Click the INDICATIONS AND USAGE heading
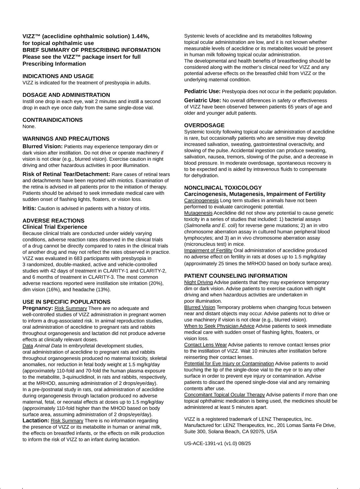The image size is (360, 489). click(58, 76)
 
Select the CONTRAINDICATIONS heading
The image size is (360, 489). click(52, 120)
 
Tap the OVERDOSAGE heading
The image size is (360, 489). click(204, 125)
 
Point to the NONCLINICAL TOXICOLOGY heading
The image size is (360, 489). click(223, 188)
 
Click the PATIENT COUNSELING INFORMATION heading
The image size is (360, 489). click(236, 276)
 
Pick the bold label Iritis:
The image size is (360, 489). click(29, 208)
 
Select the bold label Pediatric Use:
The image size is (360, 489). click(202, 91)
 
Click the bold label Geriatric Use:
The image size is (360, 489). click(202, 100)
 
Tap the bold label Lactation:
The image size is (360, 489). click(36, 421)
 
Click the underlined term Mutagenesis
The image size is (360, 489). click(198, 213)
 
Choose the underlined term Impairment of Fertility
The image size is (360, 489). click(208, 250)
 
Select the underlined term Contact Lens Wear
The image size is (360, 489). click(205, 345)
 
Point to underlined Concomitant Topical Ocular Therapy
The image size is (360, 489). click(224, 395)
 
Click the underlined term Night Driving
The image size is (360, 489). click(198, 282)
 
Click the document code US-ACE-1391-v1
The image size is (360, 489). click(203, 443)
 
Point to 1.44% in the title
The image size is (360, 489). click(140, 36)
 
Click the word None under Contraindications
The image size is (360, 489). click(29, 127)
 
